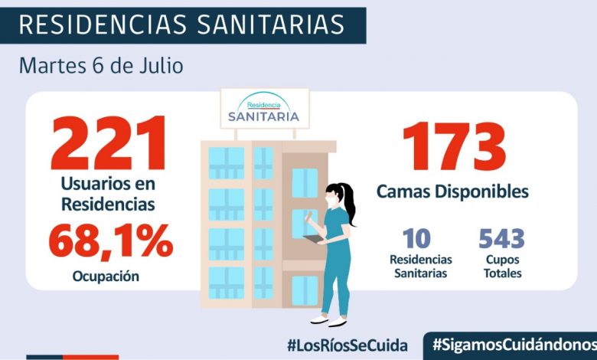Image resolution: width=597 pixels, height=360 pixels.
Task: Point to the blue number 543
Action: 502,239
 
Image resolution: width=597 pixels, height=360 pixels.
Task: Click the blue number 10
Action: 421,239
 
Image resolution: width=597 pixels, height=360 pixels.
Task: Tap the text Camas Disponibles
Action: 452,191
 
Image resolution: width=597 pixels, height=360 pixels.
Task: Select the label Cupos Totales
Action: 502,267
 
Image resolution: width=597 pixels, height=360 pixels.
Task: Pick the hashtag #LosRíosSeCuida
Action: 347,345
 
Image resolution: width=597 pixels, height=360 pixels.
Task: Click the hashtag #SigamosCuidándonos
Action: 513,345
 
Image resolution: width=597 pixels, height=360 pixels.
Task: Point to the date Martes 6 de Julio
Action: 101,65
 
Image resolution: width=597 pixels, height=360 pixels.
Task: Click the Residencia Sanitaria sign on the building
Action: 264,109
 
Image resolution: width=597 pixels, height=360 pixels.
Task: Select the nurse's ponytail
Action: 350,205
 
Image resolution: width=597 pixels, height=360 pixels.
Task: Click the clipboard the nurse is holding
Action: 315,239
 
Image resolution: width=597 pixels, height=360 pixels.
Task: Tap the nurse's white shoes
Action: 328,320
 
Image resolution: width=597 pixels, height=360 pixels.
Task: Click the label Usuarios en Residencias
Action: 108,195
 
